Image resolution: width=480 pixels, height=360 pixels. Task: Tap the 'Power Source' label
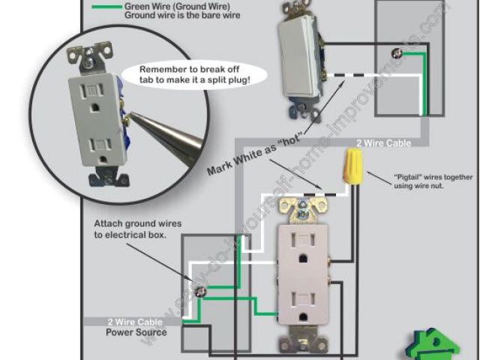point(136,331)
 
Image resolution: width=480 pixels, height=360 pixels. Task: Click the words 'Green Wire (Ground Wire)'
point(166,6)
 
